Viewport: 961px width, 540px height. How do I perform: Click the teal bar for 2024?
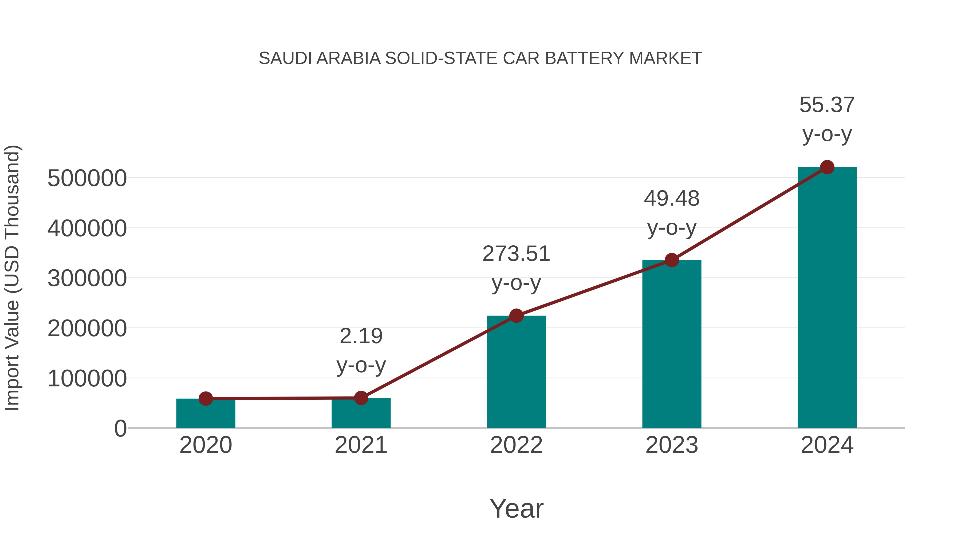(x=827, y=298)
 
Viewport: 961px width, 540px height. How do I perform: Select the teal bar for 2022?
(x=516, y=373)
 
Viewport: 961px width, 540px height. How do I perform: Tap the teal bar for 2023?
(x=672, y=345)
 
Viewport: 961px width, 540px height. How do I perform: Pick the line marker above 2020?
(x=206, y=399)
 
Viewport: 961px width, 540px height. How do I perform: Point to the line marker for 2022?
(x=516, y=316)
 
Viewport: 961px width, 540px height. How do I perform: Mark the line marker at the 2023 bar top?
(x=672, y=260)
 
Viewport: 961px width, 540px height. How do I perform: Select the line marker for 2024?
(x=827, y=167)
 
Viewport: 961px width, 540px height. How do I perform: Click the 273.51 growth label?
(x=516, y=254)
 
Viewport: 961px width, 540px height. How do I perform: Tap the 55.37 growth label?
(x=827, y=105)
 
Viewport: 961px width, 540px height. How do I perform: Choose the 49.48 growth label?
(x=672, y=199)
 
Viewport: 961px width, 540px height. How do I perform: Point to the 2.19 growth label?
(x=361, y=337)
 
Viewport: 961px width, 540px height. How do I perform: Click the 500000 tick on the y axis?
(x=87, y=178)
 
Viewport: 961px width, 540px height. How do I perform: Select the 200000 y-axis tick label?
(x=87, y=329)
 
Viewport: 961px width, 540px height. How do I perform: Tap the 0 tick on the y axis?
(x=120, y=429)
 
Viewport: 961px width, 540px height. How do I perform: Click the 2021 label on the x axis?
(x=361, y=445)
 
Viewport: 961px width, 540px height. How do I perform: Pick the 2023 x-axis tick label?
(x=672, y=445)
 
